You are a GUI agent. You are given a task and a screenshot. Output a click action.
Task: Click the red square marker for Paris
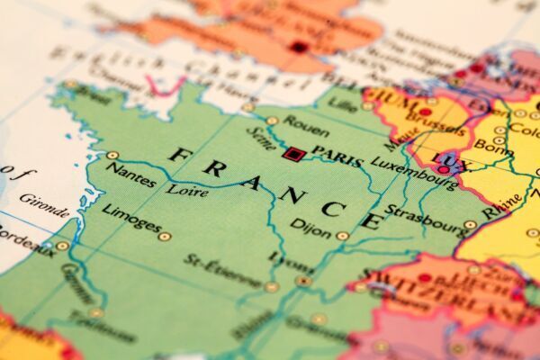(x=291, y=154)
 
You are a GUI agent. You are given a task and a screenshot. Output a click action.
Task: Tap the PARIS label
(x=337, y=157)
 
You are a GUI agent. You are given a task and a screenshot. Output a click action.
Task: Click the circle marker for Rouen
(x=272, y=120)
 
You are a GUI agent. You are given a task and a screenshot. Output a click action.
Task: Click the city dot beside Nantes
(x=112, y=155)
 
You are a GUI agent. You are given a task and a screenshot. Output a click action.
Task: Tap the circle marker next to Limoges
(x=164, y=237)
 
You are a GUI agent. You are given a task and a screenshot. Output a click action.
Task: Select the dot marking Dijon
(x=342, y=236)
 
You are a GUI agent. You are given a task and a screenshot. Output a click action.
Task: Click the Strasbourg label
(x=427, y=220)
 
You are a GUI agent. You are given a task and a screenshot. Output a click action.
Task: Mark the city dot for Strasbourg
(x=470, y=225)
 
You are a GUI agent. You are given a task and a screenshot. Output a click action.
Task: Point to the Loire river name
(x=187, y=191)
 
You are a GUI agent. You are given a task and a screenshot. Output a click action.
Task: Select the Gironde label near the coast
(x=43, y=206)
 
